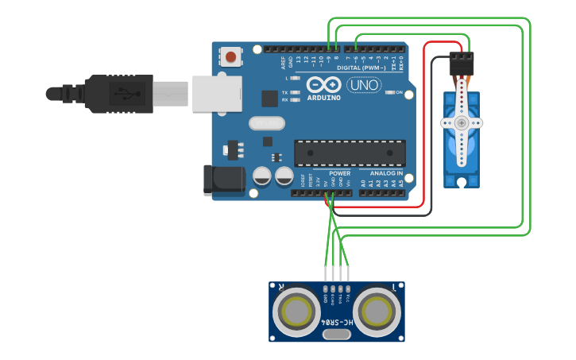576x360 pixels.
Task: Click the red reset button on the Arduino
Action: [x=230, y=56]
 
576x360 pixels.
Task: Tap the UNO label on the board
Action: [x=364, y=85]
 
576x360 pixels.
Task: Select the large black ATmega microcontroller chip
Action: [x=350, y=153]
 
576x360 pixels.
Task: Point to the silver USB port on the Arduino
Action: [x=215, y=94]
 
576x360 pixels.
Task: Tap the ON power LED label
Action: [x=399, y=92]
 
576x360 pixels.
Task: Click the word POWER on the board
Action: [x=339, y=172]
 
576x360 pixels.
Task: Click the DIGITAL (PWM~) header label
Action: [x=361, y=68]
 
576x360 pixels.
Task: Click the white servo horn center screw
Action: [x=461, y=123]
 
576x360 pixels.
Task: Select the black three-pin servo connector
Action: [x=461, y=64]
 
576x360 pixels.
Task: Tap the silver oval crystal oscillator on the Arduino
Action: [x=265, y=123]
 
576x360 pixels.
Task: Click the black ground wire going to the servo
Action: [x=431, y=143]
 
